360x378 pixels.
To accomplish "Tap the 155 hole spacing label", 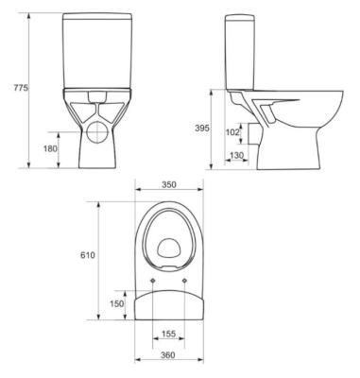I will pos(168,334).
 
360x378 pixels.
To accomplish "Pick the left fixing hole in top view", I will pos(154,281).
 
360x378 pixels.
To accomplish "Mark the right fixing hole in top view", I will pos(183,281).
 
